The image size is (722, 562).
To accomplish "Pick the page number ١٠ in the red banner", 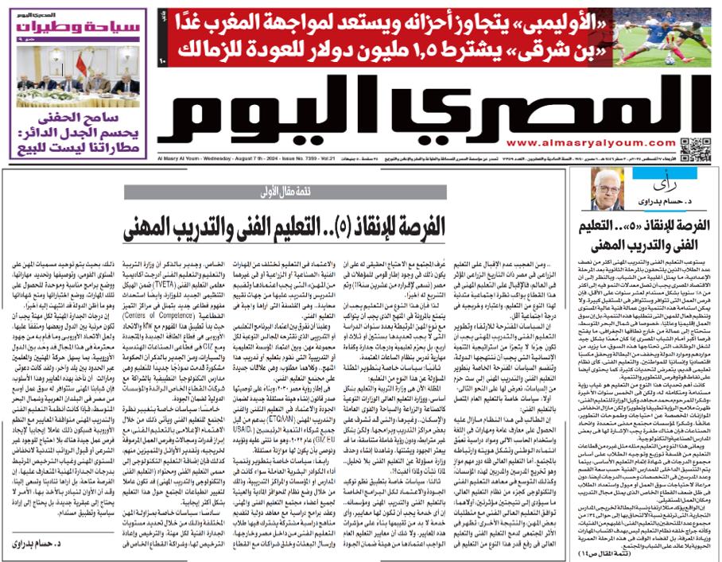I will [x=164, y=62].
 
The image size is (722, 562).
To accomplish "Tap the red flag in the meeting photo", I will [x=80, y=63].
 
